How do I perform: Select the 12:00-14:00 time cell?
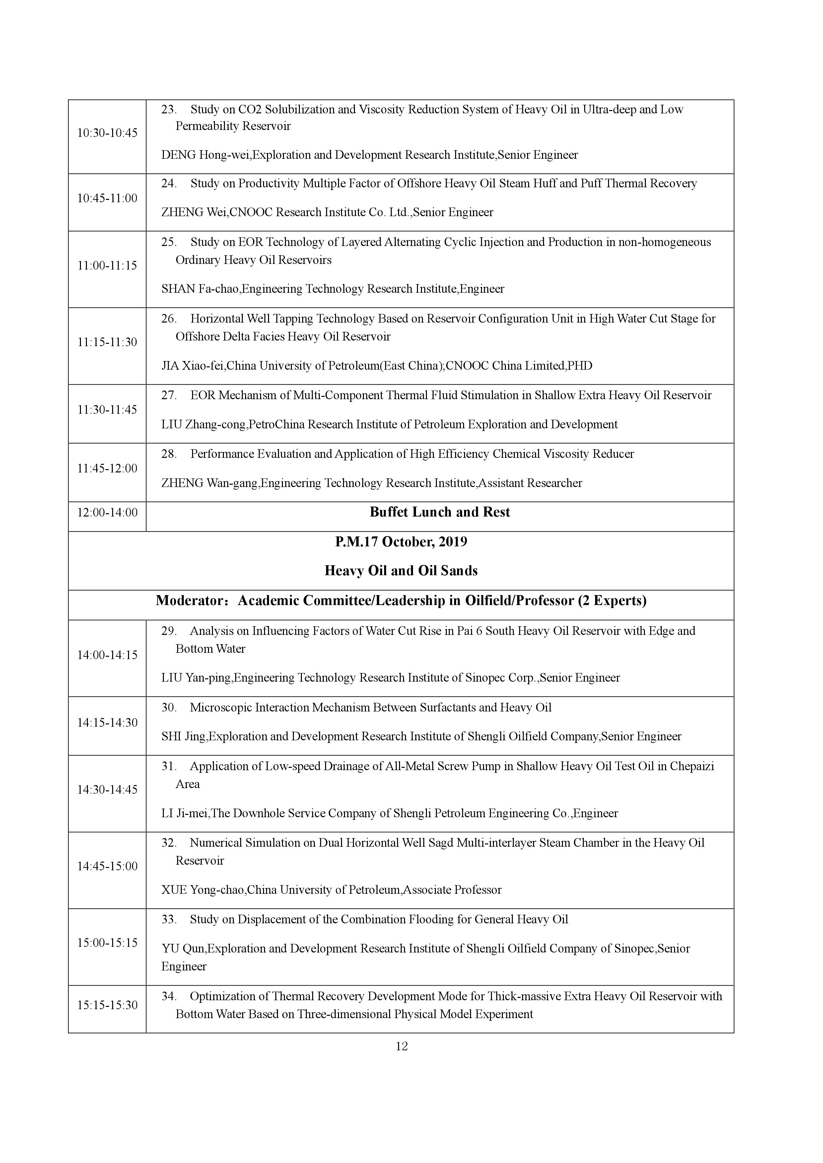pos(107,513)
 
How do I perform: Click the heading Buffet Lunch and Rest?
pos(440,512)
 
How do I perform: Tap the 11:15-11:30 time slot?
pos(107,342)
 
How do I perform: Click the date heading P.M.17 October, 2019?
pos(401,542)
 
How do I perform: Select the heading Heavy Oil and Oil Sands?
pos(401,571)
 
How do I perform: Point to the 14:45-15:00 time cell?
pos(107,867)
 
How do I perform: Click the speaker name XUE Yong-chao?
pos(202,890)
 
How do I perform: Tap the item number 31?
pos(168,766)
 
